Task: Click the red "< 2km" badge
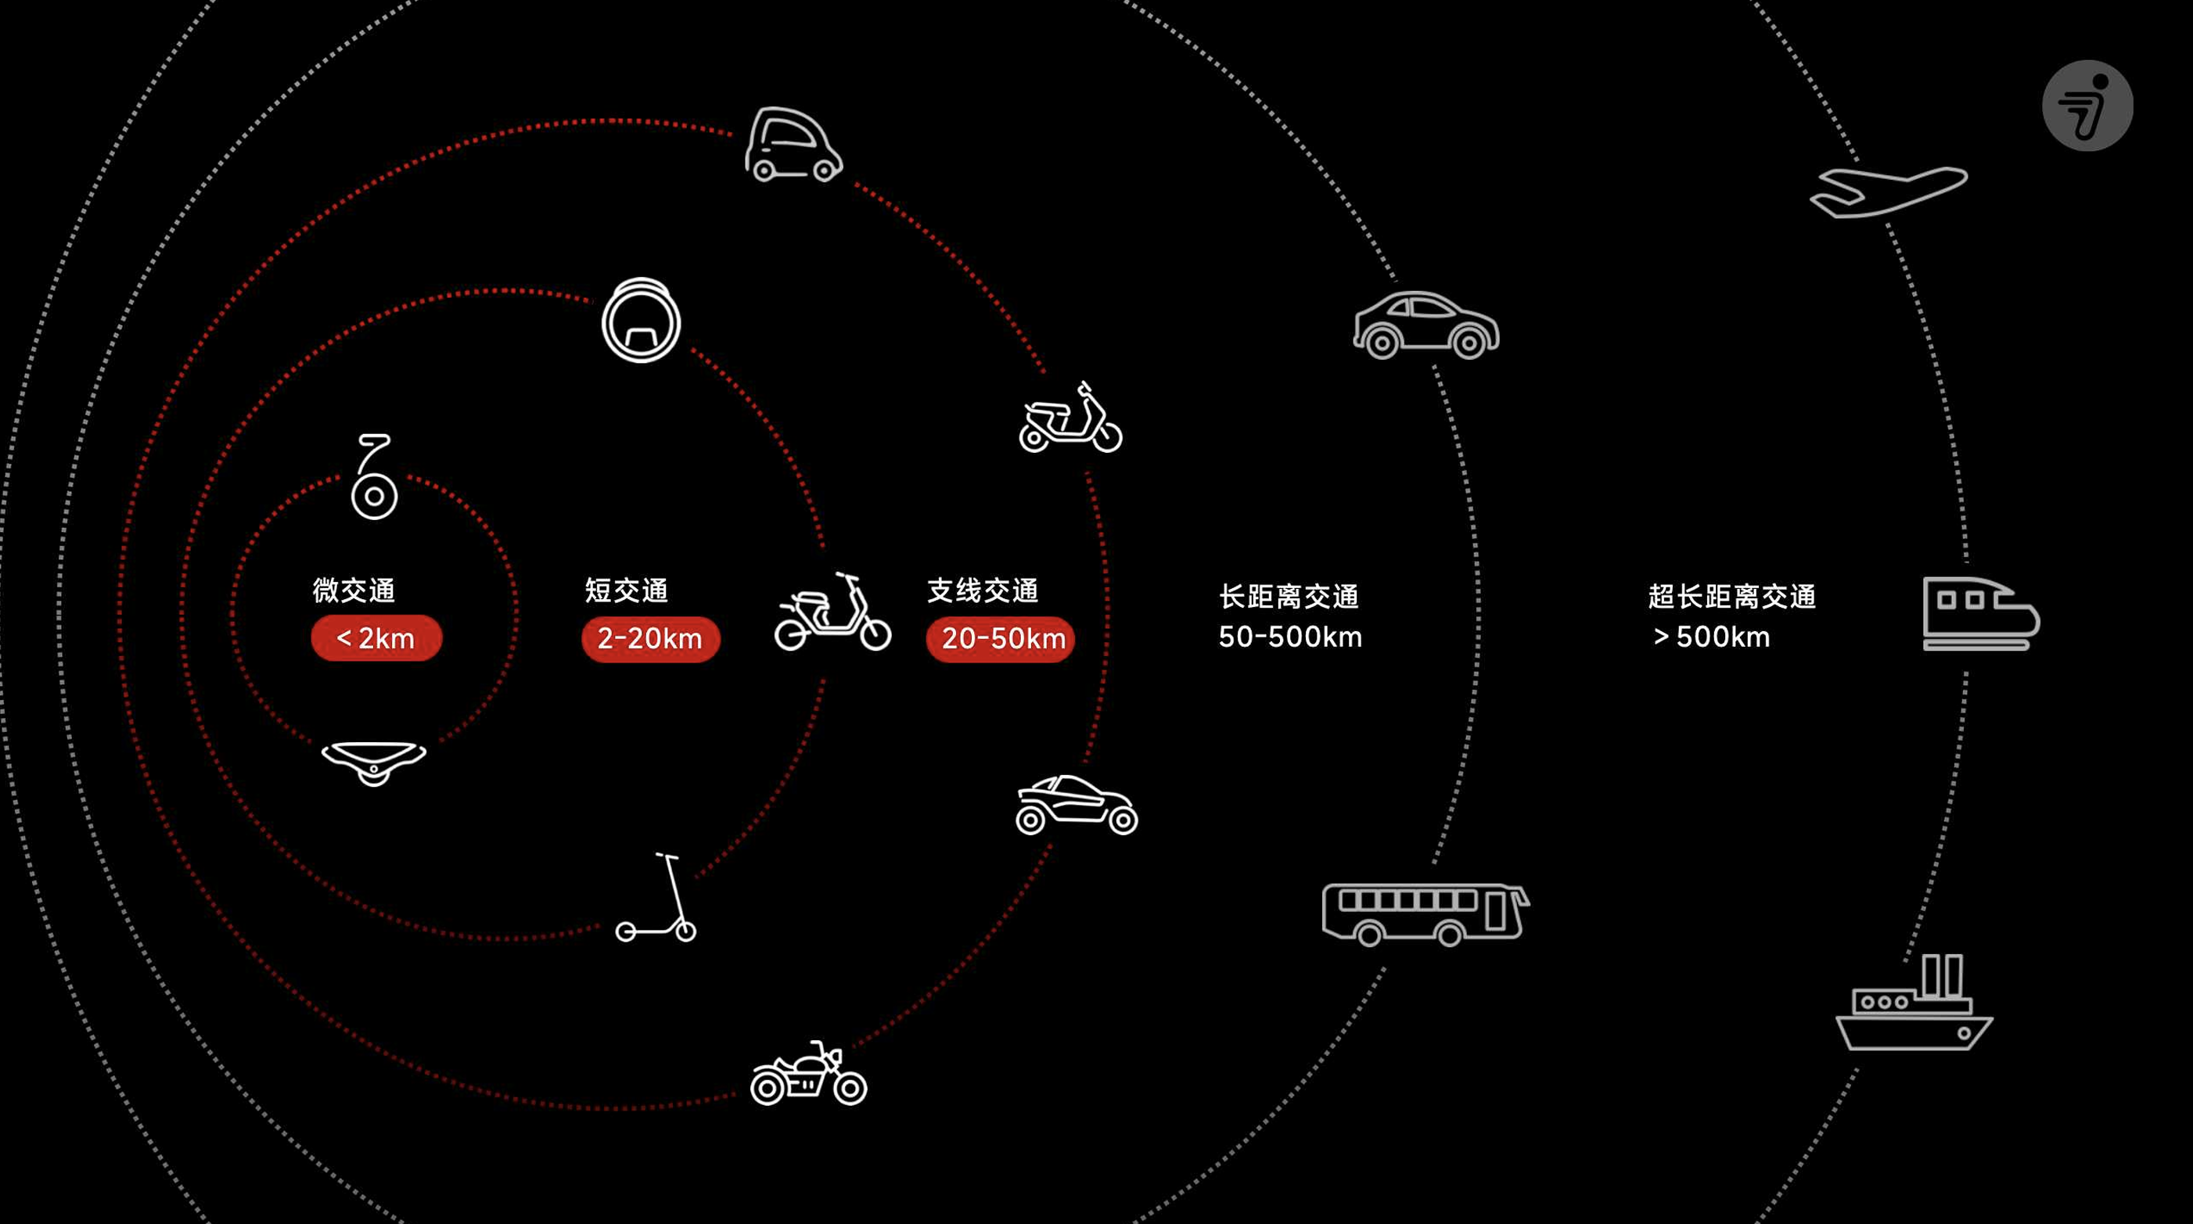click(x=376, y=637)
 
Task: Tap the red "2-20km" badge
click(x=650, y=638)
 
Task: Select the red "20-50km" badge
click(x=1001, y=638)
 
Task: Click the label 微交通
click(x=354, y=590)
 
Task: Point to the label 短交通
click(x=627, y=590)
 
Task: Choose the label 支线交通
click(x=983, y=590)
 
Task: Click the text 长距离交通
click(x=1288, y=596)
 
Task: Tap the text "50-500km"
click(x=1290, y=637)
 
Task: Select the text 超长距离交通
click(x=1731, y=596)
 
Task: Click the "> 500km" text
click(x=1711, y=637)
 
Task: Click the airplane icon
click(x=1888, y=192)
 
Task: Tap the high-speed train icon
click(x=1980, y=614)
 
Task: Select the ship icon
click(x=1914, y=1004)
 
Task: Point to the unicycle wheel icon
click(x=641, y=321)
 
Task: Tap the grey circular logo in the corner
click(x=2087, y=106)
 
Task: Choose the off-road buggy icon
click(x=1076, y=806)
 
